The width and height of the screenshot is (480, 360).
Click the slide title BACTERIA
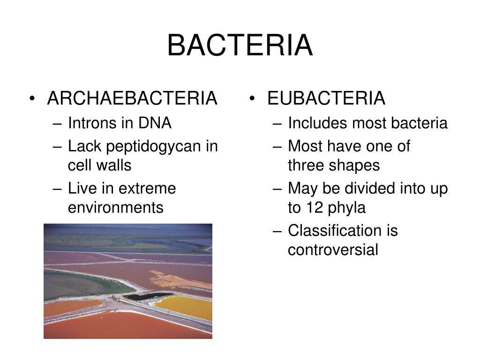[x=240, y=45]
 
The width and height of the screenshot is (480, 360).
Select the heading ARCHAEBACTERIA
[x=132, y=98]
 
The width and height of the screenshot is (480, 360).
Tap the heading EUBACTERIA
[x=326, y=98]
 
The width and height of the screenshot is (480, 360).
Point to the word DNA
[x=155, y=123]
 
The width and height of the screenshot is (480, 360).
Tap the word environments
[x=116, y=208]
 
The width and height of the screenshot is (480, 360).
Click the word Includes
[x=318, y=123]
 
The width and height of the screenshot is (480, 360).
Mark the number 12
[x=315, y=208]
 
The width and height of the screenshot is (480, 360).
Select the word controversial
[x=333, y=250]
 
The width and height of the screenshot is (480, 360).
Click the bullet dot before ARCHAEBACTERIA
[x=32, y=98]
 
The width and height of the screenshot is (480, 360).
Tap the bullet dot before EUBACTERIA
[x=252, y=98]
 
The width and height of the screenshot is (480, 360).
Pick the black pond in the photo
[x=147, y=296]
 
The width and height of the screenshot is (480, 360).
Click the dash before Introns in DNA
[x=57, y=124]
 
